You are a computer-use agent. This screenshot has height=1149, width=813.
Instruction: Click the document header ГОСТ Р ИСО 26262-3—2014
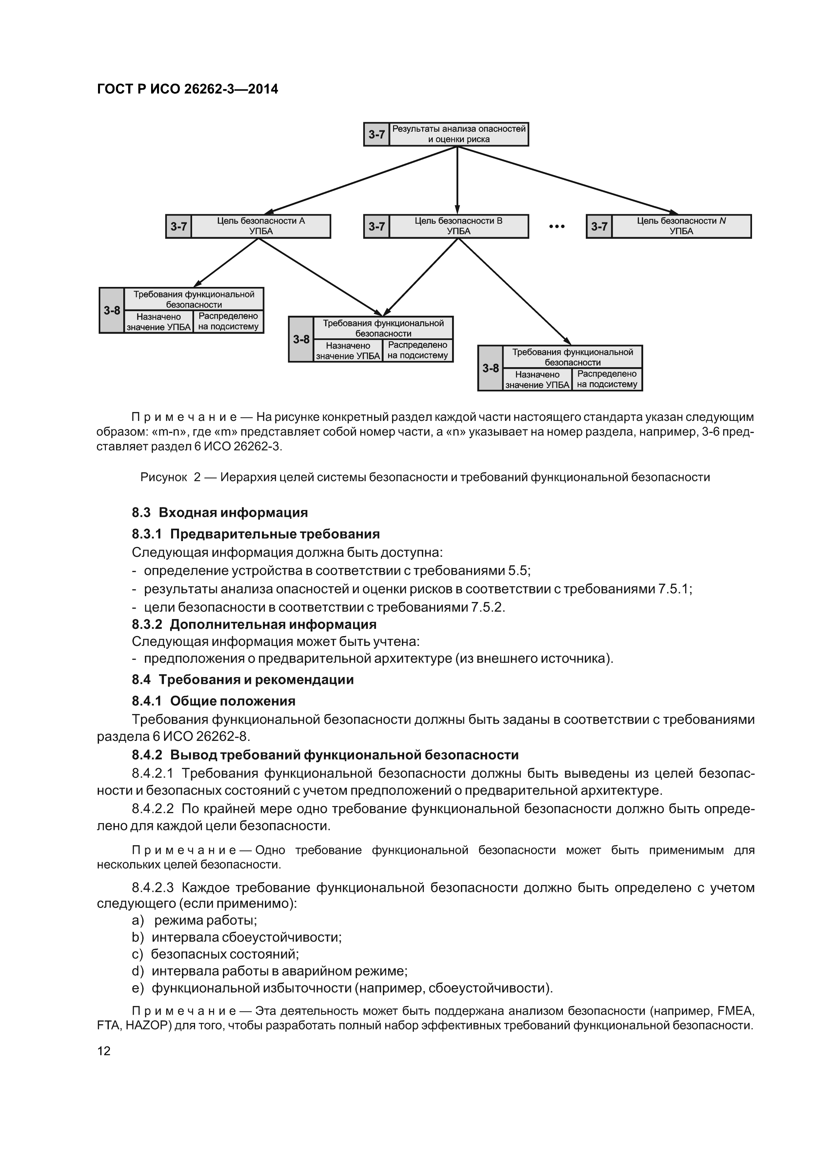[187, 89]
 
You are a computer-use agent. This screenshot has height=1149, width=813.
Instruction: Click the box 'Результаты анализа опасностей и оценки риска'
[458, 134]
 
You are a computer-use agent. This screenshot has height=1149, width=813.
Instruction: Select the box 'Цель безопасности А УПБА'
[261, 226]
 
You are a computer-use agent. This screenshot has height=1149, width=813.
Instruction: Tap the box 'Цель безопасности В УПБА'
[458, 226]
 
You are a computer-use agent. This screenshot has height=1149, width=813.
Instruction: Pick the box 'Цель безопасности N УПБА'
[681, 226]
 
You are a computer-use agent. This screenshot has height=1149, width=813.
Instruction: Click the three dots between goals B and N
[557, 227]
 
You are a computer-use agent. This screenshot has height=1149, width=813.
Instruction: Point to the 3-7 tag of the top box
[377, 134]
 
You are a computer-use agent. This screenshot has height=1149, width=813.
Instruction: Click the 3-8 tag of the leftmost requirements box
[112, 310]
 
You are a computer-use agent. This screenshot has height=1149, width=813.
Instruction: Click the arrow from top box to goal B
[457, 180]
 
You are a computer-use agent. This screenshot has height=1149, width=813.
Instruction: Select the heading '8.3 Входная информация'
[219, 513]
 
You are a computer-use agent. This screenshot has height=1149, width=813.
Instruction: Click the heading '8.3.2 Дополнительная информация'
[254, 625]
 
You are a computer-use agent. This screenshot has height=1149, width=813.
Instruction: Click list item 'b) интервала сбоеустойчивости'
[236, 937]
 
